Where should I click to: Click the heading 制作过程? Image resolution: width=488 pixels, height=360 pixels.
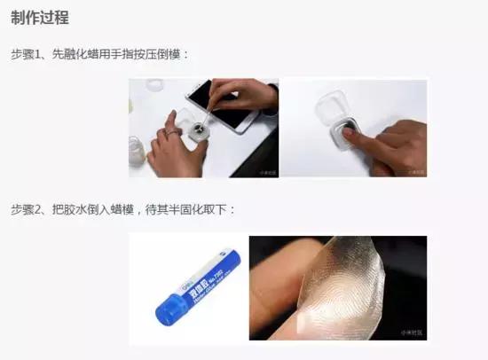tap(41, 18)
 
